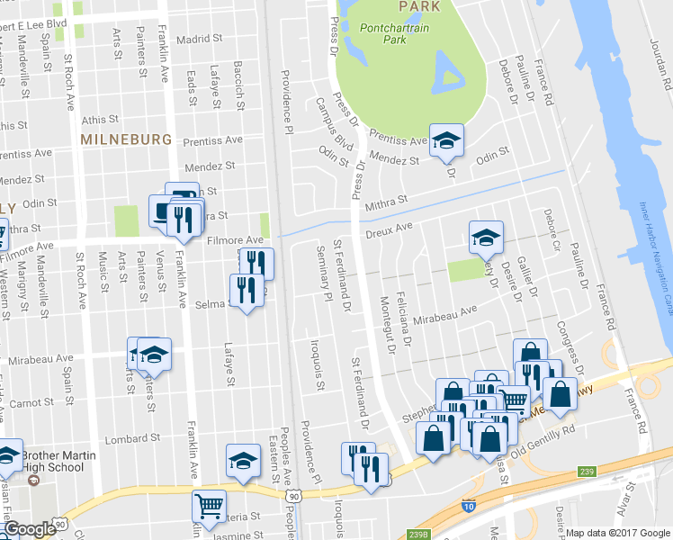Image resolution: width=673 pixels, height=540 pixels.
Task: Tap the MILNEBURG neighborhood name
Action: click(125, 139)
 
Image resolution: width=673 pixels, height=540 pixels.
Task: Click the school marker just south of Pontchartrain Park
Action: click(445, 140)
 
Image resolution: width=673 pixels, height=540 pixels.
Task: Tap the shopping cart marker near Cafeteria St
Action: click(210, 506)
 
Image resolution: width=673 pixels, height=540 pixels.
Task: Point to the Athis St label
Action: click(99, 119)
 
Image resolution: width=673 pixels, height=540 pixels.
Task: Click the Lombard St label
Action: click(125, 439)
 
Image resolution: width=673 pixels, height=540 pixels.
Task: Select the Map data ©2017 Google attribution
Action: click(617, 533)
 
